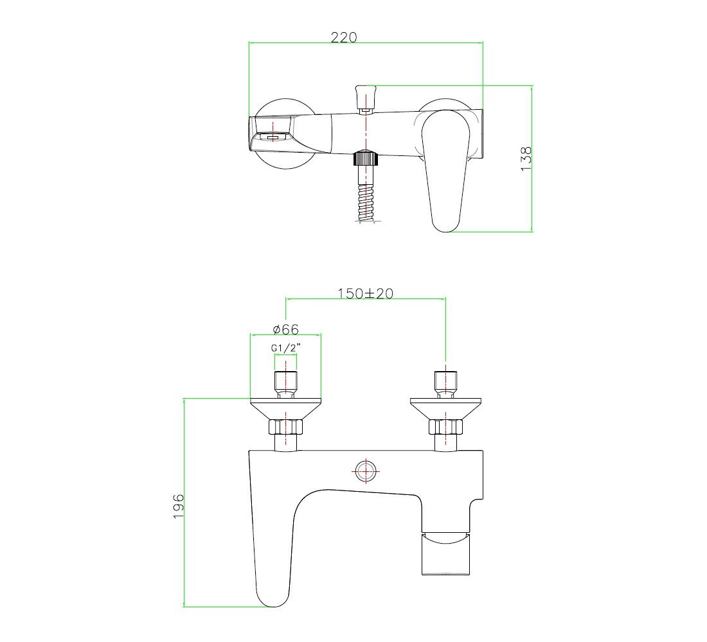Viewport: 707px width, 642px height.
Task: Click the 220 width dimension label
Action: [x=344, y=37]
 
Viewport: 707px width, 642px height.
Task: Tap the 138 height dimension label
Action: [x=526, y=159]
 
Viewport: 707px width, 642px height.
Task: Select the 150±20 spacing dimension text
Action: [x=366, y=293]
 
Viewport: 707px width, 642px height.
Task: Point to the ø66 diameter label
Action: [x=286, y=329]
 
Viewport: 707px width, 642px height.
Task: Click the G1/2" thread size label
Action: [x=286, y=348]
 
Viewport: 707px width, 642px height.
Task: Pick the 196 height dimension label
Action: [x=179, y=506]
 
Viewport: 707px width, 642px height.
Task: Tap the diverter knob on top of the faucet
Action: [x=366, y=98]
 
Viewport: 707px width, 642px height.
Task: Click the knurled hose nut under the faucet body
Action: [x=365, y=159]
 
